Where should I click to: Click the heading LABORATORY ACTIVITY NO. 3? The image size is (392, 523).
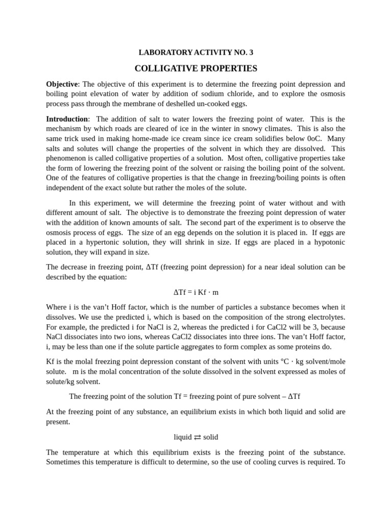click(x=196, y=53)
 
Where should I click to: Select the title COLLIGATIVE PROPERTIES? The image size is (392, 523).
click(x=196, y=68)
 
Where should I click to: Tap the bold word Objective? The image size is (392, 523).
click(x=62, y=84)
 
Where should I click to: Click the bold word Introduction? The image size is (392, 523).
click(x=67, y=119)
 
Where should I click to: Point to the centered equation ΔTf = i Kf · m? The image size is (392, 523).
click(x=196, y=292)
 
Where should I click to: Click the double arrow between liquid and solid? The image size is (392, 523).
click(x=198, y=437)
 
